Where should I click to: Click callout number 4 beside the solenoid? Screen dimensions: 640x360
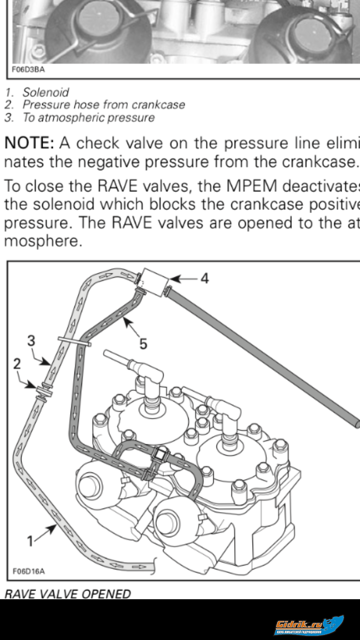pos(204,278)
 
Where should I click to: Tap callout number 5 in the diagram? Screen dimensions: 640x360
pos(143,344)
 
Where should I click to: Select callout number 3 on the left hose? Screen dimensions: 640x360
pos(31,341)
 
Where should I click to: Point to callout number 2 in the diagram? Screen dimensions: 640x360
pos(17,364)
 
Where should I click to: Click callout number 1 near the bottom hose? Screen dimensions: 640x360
pos(30,541)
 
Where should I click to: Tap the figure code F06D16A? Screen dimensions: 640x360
pos(29,571)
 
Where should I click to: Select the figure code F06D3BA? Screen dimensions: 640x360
pos(29,70)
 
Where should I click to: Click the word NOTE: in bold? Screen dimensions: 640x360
pos(29,143)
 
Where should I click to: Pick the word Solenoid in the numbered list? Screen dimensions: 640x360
pos(46,92)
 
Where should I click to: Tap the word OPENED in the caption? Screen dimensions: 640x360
pos(106,594)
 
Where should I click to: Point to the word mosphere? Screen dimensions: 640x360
pos(43,241)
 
